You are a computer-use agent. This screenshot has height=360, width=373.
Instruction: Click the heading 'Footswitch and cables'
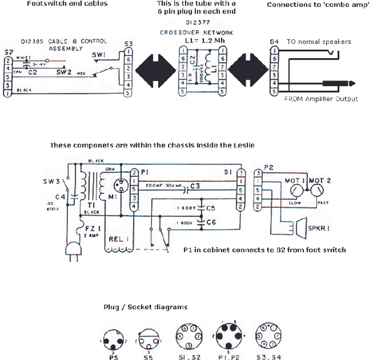pos(67,4)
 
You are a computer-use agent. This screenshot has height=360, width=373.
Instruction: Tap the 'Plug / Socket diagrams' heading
pos(146,308)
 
